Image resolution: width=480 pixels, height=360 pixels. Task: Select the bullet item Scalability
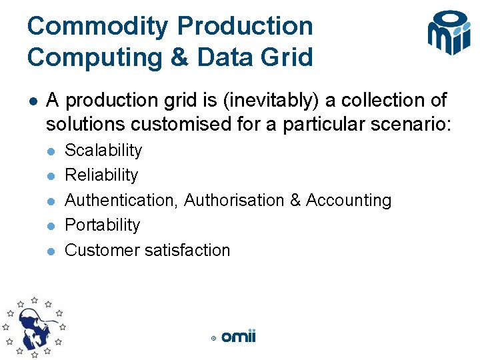coord(103,150)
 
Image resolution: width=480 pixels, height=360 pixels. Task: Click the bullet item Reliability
coord(101,175)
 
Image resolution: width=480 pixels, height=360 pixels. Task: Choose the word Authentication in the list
coord(122,200)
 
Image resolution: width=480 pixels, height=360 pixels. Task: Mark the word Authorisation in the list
coord(234,200)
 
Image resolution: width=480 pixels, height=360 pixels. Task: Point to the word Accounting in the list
coord(349,200)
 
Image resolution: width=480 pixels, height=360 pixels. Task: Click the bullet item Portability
coord(102,225)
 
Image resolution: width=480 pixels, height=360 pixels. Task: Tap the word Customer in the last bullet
coord(97,250)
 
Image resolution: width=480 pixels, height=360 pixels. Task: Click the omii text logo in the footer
coord(239,337)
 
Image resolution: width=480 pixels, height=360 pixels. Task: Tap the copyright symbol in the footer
coord(213,339)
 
